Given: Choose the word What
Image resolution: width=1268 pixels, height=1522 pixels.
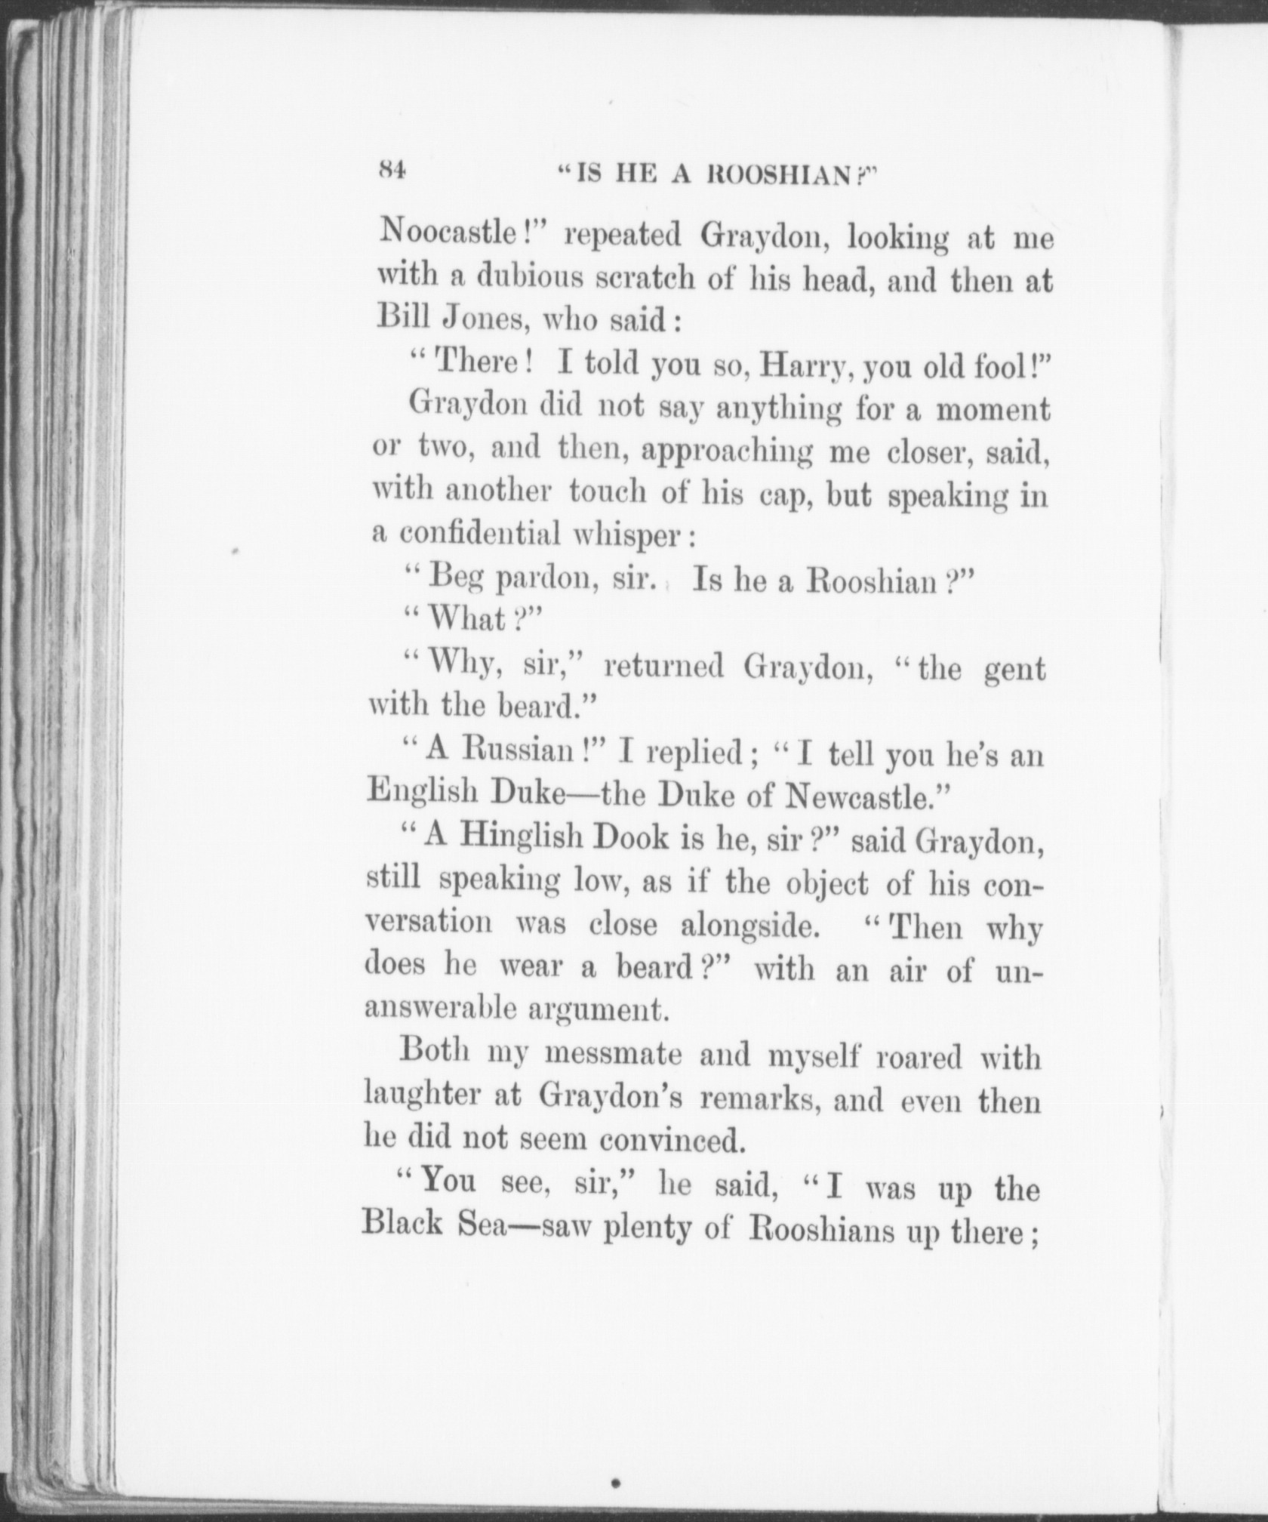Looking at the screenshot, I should coord(466,620).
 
